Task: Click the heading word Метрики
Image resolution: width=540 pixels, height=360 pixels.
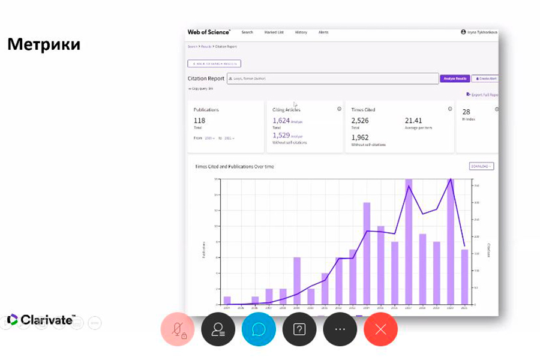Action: [x=43, y=44]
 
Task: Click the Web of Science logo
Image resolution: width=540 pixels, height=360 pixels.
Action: [x=209, y=32]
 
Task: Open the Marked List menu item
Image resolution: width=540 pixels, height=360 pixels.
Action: [x=274, y=32]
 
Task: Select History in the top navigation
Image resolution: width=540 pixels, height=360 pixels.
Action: [x=301, y=32]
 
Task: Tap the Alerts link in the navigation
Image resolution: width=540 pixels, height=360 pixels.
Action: [x=323, y=32]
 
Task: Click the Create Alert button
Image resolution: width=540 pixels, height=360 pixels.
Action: [x=485, y=79]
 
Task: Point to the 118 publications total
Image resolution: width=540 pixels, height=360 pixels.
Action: [x=199, y=121]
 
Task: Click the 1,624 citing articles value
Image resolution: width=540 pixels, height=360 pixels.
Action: [x=281, y=121]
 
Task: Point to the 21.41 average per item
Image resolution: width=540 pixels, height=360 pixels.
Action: [x=413, y=121]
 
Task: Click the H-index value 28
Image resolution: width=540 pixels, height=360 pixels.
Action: [x=466, y=112]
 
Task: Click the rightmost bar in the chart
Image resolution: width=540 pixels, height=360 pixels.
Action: [x=464, y=277]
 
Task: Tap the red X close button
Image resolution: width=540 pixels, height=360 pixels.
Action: [x=380, y=329]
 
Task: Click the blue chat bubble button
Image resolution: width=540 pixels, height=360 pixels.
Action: [x=259, y=329]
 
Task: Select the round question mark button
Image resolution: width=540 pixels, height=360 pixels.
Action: [x=299, y=329]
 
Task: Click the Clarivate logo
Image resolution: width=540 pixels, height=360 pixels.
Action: [x=41, y=320]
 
